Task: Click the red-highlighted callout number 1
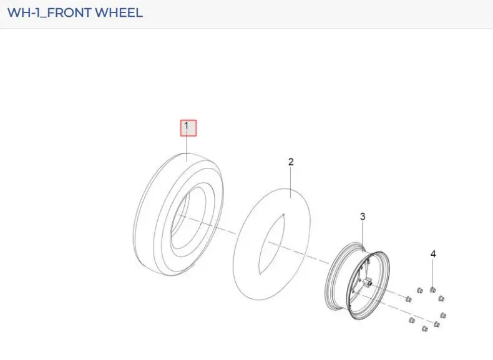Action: coord(188,128)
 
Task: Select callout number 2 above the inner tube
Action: coord(291,162)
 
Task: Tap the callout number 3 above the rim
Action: coord(363,216)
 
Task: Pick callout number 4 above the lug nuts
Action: coord(433,254)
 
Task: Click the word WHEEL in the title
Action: coord(119,12)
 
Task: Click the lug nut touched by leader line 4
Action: coord(432,289)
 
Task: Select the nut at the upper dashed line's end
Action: coord(408,299)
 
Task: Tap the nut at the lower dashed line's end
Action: coord(436,324)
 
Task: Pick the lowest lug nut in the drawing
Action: coord(424,329)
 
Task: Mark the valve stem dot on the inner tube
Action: coord(283,215)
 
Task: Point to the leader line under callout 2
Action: coord(291,182)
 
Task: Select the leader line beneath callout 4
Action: coord(433,273)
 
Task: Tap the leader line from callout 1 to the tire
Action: coord(187,148)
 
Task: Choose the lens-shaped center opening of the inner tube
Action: coord(271,245)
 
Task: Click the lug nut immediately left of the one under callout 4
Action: coord(419,290)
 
